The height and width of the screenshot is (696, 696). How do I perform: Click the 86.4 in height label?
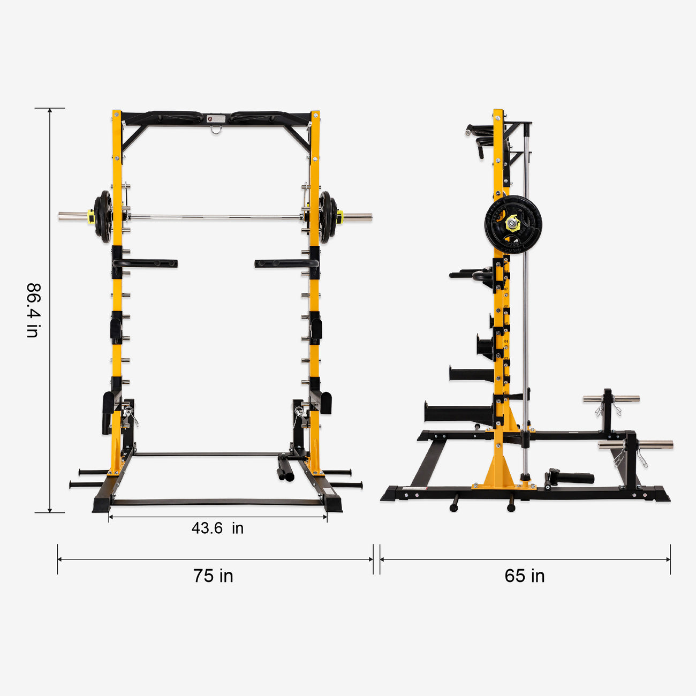33,311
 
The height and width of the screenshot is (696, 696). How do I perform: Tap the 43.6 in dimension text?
217,528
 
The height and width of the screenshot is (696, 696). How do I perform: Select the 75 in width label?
213,576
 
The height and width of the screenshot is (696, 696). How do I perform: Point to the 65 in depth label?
524,576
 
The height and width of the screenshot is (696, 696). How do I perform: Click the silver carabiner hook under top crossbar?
216,130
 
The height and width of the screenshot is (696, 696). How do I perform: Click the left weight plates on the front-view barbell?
102,217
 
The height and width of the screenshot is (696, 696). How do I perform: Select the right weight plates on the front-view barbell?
328,217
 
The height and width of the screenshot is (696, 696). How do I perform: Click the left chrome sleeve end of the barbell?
72,217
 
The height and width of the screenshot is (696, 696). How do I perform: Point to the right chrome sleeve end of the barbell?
358,217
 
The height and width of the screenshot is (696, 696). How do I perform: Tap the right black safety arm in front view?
286,263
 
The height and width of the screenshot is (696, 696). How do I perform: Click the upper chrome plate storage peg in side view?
611,399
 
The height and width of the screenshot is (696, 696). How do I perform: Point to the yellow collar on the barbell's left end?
91,217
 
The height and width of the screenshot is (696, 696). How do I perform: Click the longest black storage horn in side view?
458,413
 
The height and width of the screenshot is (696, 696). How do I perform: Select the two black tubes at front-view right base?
285,469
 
